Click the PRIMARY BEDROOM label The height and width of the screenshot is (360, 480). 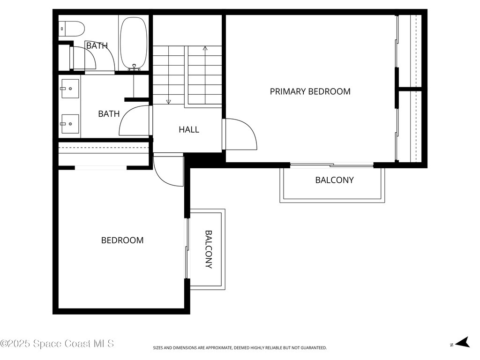coord(310,91)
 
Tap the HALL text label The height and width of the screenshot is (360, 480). coord(189,129)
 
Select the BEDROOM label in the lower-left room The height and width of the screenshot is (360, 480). coord(122,240)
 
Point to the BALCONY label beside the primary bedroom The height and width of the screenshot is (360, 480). coord(334,180)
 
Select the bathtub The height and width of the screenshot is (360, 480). coord(134,43)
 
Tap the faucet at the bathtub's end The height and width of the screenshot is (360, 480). coord(135,68)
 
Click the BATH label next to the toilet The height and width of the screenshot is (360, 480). coord(97,45)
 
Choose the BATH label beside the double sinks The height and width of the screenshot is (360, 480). coord(109,113)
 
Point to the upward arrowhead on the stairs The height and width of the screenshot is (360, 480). coord(205,48)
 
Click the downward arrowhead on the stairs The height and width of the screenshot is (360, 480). coord(168,101)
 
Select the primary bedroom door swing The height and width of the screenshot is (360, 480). coord(240,135)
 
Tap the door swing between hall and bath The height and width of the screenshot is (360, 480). coord(135,121)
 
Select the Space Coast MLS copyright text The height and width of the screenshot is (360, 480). coord(57,344)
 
